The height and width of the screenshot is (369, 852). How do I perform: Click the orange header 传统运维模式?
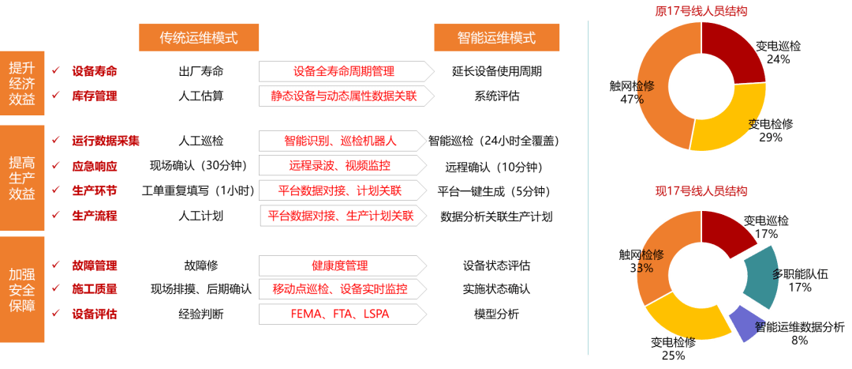coord(198,38)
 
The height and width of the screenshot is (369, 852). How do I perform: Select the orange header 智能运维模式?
coord(496,38)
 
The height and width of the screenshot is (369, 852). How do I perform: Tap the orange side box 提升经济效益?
coord(22,83)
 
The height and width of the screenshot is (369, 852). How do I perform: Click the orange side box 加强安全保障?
coord(22,289)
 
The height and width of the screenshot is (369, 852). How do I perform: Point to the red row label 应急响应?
coord(95,166)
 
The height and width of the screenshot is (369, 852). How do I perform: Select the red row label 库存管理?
coord(95,96)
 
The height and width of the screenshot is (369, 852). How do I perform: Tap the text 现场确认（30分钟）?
coord(200,166)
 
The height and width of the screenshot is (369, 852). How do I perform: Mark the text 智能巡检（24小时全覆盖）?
coord(494,141)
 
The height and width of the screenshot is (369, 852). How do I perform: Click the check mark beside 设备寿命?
coord(55,71)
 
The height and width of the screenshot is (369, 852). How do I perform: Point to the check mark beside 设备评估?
coord(55,314)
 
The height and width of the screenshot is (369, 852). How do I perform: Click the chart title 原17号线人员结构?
coord(701,11)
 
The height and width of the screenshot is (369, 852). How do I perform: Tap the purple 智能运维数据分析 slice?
coord(743,323)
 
